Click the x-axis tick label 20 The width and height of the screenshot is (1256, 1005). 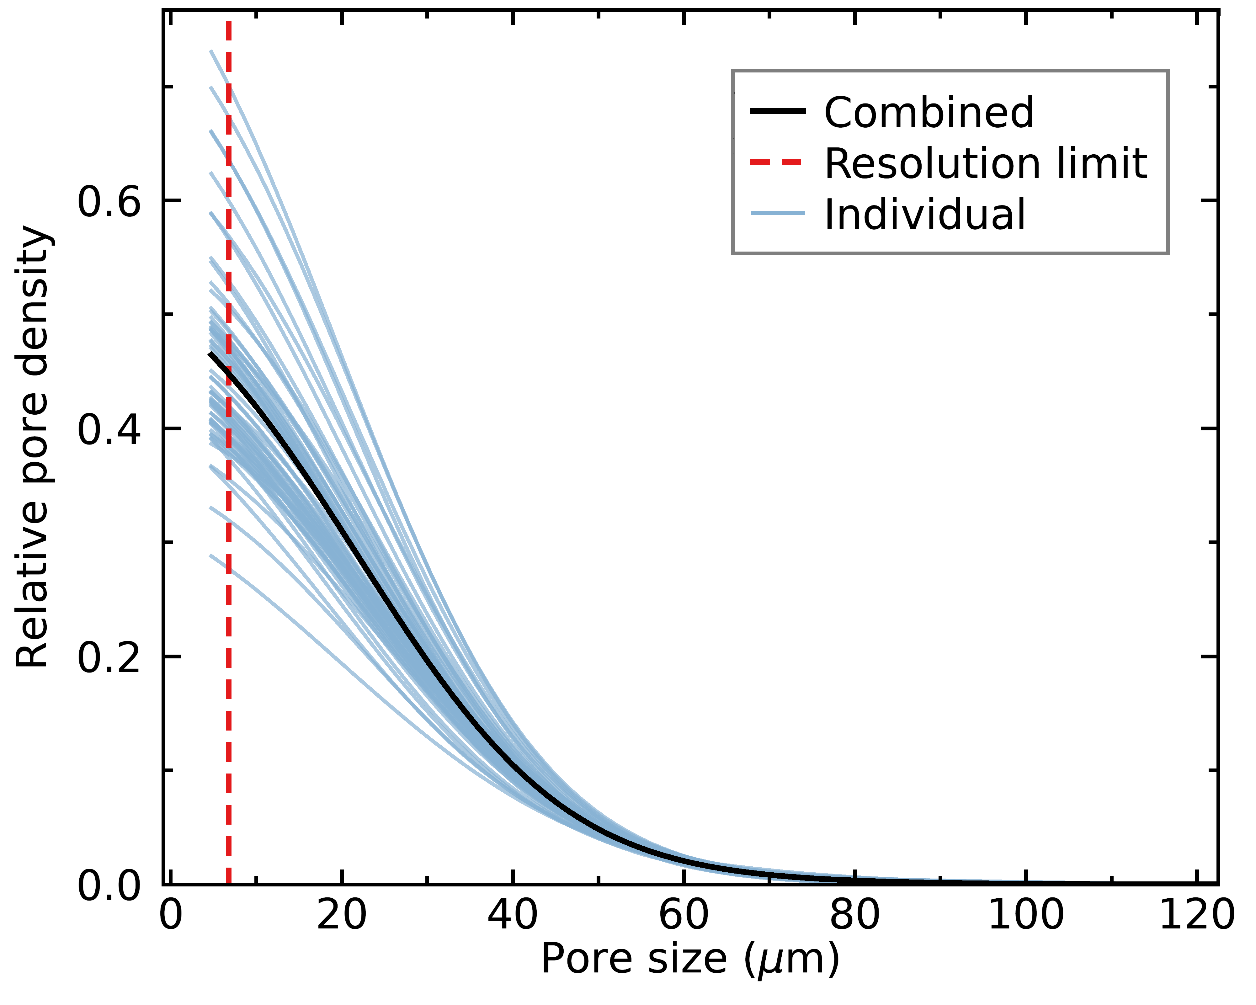click(x=342, y=915)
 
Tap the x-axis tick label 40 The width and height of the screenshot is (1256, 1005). click(x=513, y=915)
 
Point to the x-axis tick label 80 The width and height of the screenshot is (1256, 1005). click(x=854, y=915)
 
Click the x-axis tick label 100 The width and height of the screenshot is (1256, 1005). click(x=1026, y=915)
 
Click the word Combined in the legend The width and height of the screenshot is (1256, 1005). click(x=929, y=112)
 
